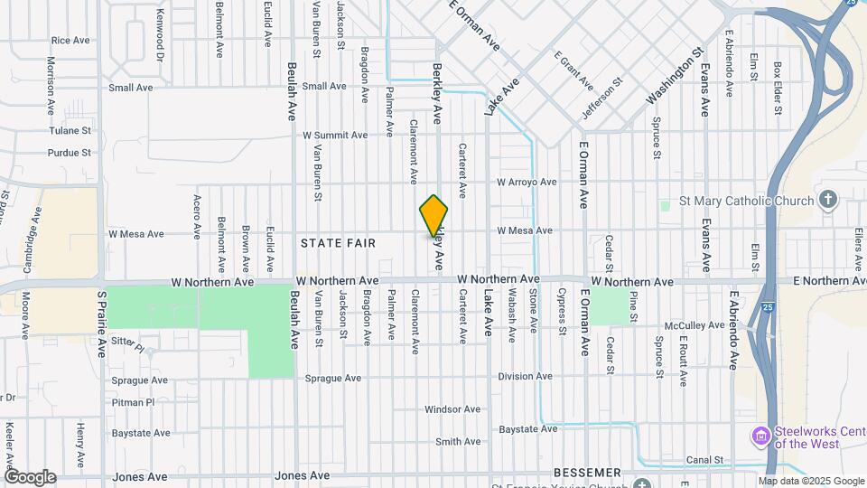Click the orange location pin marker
(434, 216)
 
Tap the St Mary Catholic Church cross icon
(828, 199)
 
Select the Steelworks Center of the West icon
(761, 436)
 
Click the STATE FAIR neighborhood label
(338, 243)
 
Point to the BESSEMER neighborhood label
(588, 473)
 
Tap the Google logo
(30, 476)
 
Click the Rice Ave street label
(70, 41)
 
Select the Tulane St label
(70, 130)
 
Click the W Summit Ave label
(335, 135)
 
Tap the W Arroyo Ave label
(527, 183)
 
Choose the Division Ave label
(525, 376)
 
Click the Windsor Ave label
(451, 409)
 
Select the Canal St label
(705, 460)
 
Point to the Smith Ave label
(458, 442)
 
